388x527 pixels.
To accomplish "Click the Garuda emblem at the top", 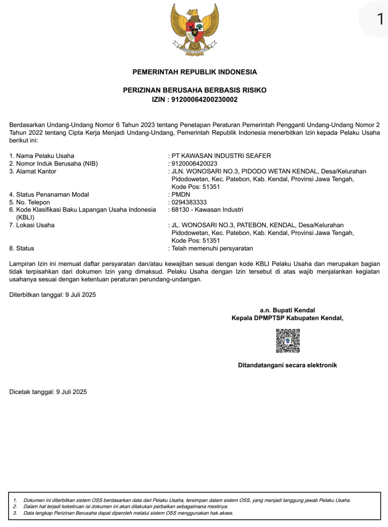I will point(194,29).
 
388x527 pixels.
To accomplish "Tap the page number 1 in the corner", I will point(380,18).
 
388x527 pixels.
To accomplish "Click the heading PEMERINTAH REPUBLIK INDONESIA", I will point(194,72).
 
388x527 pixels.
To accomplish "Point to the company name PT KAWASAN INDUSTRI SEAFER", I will point(221,156).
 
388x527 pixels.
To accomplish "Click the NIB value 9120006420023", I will point(194,164).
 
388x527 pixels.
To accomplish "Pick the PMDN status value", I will point(181,195).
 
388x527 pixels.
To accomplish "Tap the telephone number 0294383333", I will point(189,202).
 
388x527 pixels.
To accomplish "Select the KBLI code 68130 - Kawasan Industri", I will point(207,210).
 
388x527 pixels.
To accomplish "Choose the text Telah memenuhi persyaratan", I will point(212,248).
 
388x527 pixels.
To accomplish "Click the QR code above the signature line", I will point(288,340).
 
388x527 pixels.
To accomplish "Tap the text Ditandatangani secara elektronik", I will point(287,365).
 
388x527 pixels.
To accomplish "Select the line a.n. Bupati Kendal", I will point(287,310).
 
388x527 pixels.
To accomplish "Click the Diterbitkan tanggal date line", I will point(53,295).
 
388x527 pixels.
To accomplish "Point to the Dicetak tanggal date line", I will point(48,392).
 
